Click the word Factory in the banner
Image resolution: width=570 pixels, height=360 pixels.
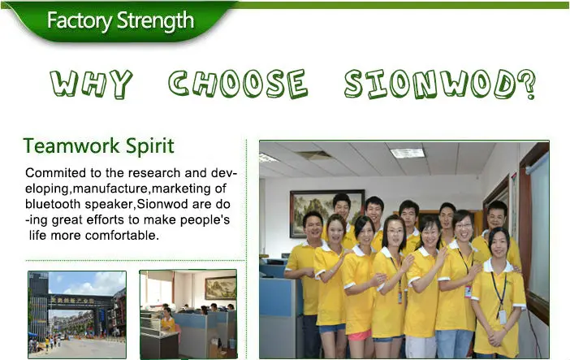80,20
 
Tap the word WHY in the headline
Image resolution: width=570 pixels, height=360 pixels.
91,84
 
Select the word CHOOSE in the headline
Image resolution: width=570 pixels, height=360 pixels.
238,84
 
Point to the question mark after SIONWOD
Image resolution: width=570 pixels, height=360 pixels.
527,85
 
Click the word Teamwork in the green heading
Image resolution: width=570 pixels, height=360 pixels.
71,146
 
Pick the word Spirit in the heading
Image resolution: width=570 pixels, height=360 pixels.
149,147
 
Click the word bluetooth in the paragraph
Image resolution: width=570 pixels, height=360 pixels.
53,204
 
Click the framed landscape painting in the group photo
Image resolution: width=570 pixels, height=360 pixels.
326,213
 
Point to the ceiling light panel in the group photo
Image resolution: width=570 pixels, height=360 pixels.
408,153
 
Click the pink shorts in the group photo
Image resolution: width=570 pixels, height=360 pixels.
360,335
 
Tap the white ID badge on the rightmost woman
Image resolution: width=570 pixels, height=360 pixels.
503,317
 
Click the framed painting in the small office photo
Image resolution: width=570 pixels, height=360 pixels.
220,288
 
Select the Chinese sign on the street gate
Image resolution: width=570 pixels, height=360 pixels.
72,301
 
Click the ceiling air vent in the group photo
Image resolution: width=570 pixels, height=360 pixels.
313,155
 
